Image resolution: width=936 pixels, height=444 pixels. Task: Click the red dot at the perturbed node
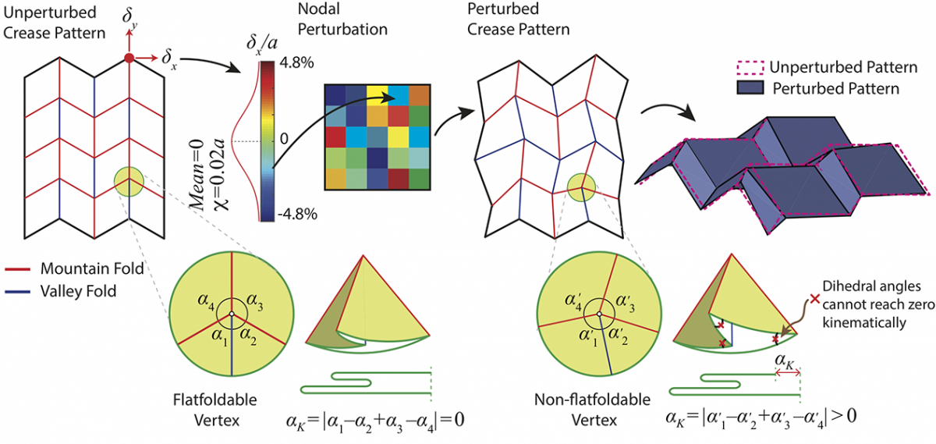(129, 58)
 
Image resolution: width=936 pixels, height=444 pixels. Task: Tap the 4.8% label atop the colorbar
(297, 62)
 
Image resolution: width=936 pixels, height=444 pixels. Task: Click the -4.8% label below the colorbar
(297, 214)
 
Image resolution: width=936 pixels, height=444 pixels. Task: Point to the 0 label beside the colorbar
(284, 138)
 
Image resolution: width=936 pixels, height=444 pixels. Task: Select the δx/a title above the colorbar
(262, 44)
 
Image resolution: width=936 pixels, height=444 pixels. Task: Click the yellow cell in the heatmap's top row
(378, 95)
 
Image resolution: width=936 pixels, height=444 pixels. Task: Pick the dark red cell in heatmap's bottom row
(399, 179)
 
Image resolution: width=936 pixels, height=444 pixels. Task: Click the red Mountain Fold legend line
(17, 269)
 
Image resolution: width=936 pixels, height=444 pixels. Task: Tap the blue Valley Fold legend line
(17, 292)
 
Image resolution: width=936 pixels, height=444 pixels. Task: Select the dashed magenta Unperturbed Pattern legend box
(750, 67)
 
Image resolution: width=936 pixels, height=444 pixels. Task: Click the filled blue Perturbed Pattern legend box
(750, 88)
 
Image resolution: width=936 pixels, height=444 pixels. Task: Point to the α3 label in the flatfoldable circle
(255, 302)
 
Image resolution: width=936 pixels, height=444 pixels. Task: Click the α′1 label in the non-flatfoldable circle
(589, 338)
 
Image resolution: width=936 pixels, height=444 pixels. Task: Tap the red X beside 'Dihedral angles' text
(814, 299)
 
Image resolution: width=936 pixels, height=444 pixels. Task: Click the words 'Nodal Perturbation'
(342, 19)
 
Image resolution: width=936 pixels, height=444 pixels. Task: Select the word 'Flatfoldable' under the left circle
(214, 400)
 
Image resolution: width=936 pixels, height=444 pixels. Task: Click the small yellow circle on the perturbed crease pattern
(581, 188)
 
